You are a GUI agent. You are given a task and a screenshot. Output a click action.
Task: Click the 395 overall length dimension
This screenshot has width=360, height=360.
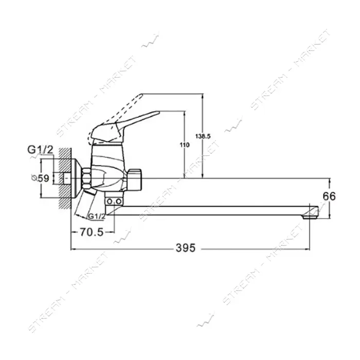click(x=186, y=248)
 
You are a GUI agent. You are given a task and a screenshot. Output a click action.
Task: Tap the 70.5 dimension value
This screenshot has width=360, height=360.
click(x=92, y=232)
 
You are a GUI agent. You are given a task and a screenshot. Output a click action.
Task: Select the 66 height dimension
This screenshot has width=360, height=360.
click(x=329, y=196)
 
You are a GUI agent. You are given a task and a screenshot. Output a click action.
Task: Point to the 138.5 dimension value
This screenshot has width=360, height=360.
click(x=203, y=136)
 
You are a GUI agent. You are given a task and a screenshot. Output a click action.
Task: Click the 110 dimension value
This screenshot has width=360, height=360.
click(x=184, y=145)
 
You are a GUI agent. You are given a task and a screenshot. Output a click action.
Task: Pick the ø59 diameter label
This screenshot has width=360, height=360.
click(x=41, y=178)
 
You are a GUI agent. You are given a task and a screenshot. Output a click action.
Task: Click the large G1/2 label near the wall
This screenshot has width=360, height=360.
click(x=41, y=150)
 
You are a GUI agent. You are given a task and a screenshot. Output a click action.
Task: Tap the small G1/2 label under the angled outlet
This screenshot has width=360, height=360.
click(x=97, y=217)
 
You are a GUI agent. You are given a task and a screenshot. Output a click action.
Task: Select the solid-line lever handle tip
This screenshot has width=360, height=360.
click(x=158, y=113)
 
